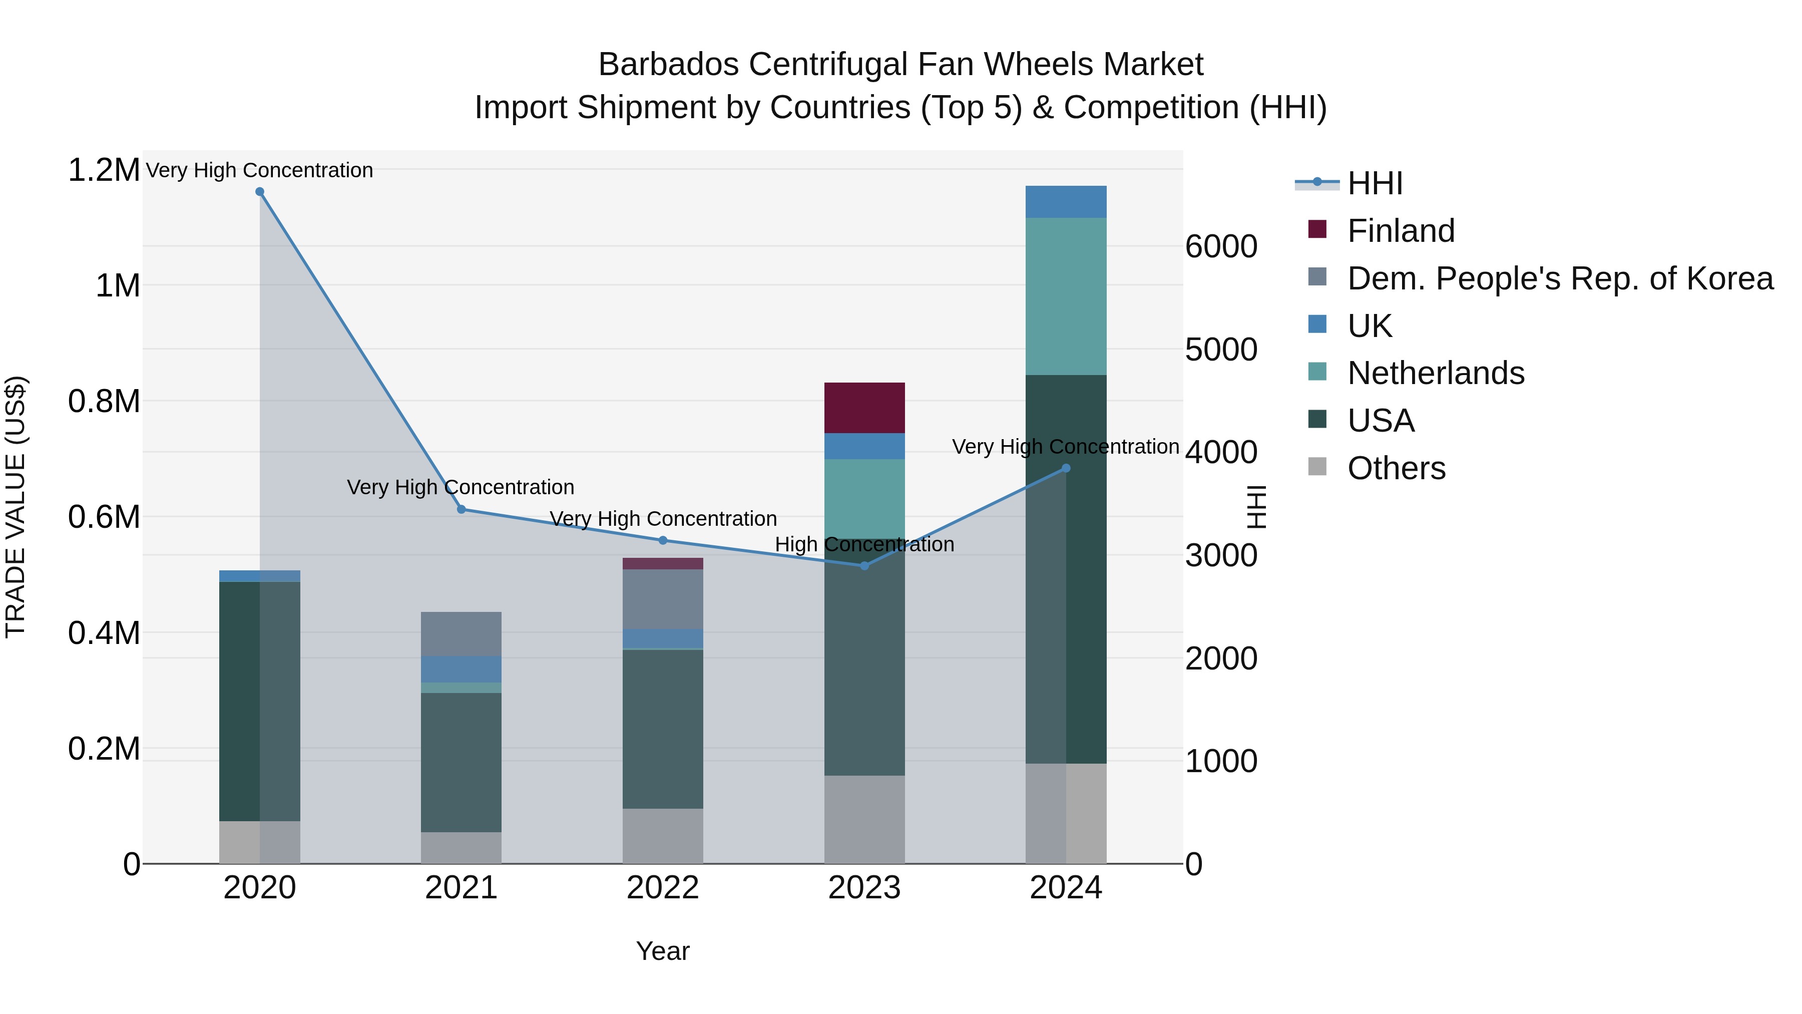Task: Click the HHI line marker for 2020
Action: pyautogui.click(x=259, y=192)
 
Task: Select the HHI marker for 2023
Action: pyautogui.click(x=864, y=565)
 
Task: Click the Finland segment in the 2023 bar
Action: pyautogui.click(x=864, y=408)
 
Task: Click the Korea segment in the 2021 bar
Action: pyautogui.click(x=461, y=634)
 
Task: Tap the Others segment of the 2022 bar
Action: pyautogui.click(x=662, y=836)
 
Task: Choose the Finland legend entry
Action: pyautogui.click(x=1401, y=231)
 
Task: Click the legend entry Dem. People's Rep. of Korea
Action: pyautogui.click(x=1559, y=278)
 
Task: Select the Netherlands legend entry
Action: pyautogui.click(x=1436, y=373)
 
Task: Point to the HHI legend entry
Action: pyautogui.click(x=1374, y=183)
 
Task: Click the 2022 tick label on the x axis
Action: pyautogui.click(x=662, y=888)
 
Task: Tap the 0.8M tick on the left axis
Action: pyautogui.click(x=104, y=402)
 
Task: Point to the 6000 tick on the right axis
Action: pyautogui.click(x=1221, y=246)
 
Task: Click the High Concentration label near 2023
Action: pyautogui.click(x=864, y=544)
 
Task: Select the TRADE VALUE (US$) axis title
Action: pyautogui.click(x=16, y=507)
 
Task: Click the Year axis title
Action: pyautogui.click(x=662, y=951)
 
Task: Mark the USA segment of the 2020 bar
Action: pyautogui.click(x=240, y=701)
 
